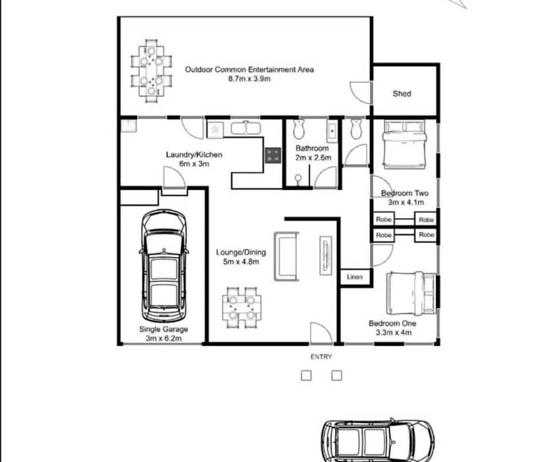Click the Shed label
pos(402,94)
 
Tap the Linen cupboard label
pos(354,277)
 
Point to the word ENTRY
pos(321,357)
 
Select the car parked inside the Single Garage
pos(164,266)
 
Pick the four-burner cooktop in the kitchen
pos(273,155)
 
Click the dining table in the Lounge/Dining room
pos(242,307)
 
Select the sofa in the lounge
pos(286,256)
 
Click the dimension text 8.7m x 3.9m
pos(249,79)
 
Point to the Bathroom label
pos(312,149)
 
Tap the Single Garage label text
pos(163,329)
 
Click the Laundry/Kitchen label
pos(194,155)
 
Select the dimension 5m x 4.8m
pos(240,262)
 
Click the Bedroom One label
pos(392,324)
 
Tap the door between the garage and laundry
pos(174,180)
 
